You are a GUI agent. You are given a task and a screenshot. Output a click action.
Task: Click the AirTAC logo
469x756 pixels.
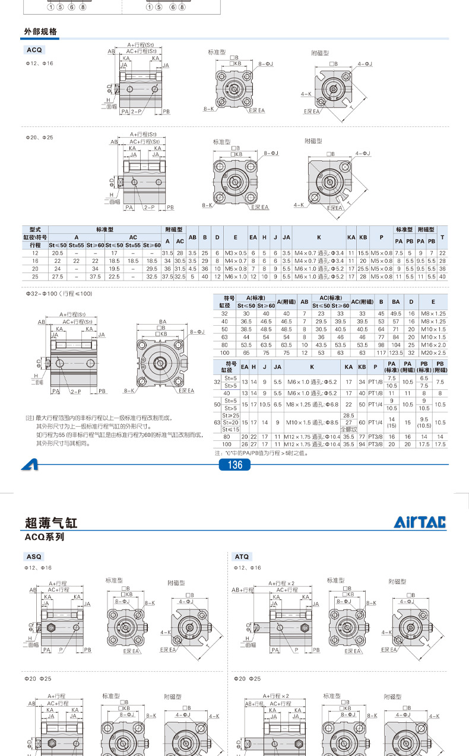(420, 522)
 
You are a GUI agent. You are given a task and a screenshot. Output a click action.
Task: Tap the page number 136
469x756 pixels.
(235, 465)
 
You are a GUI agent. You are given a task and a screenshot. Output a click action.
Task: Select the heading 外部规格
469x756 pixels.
(40, 32)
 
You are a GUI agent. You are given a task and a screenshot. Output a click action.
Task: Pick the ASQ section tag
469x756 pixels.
(34, 557)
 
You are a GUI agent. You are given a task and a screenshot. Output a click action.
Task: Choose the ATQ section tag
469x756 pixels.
(242, 557)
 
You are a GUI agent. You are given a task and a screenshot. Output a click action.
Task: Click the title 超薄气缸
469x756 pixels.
(51, 523)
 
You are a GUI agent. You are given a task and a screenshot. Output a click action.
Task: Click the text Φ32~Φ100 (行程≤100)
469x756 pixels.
(59, 294)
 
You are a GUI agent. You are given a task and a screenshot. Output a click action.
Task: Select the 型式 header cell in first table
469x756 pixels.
(34, 230)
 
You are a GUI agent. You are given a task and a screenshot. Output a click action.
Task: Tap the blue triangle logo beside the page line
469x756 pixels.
(29, 465)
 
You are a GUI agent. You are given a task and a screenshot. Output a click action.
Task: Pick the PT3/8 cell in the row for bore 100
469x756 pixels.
(375, 443)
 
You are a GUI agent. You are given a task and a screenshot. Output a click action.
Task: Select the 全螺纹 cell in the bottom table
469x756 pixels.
(348, 428)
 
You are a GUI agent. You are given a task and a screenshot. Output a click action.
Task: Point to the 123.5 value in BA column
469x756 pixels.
(396, 352)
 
